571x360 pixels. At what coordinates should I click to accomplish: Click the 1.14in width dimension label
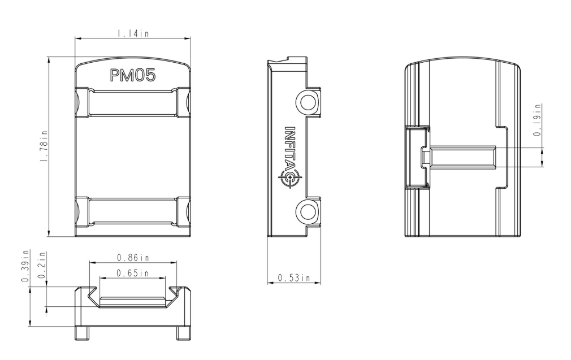pyautogui.click(x=133, y=33)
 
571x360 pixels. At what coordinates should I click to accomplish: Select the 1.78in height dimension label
pyautogui.click(x=44, y=146)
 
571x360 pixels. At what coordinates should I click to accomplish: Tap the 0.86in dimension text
pyautogui.click(x=133, y=258)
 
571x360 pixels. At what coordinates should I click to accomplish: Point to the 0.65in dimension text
pyautogui.click(x=132, y=272)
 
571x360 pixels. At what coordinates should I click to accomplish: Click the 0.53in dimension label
pyautogui.click(x=294, y=277)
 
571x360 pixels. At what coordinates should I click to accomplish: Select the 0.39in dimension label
pyautogui.click(x=25, y=266)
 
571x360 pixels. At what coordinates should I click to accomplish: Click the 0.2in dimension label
pyautogui.click(x=42, y=265)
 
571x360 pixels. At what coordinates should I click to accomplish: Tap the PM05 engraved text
pyautogui.click(x=133, y=75)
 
